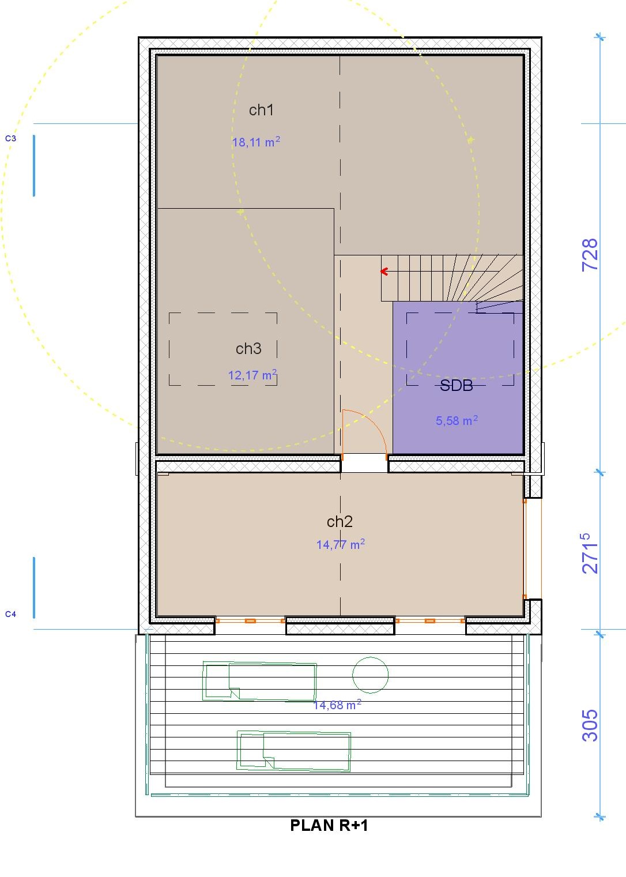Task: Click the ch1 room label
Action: point(261,110)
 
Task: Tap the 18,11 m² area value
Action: point(256,142)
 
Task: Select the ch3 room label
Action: point(248,348)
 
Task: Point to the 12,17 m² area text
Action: point(252,375)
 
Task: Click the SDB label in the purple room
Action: point(457,386)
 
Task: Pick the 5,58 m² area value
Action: point(457,420)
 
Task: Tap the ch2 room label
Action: point(340,521)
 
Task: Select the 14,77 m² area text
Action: point(341,544)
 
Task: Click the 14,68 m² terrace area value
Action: point(337,705)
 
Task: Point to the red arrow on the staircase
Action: point(384,272)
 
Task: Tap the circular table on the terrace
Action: point(370,675)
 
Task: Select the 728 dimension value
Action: point(590,254)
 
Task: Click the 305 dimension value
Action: point(590,725)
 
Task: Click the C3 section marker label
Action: point(10,138)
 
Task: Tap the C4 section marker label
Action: point(10,614)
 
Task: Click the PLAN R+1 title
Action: point(329,825)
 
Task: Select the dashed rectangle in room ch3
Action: point(223,313)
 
